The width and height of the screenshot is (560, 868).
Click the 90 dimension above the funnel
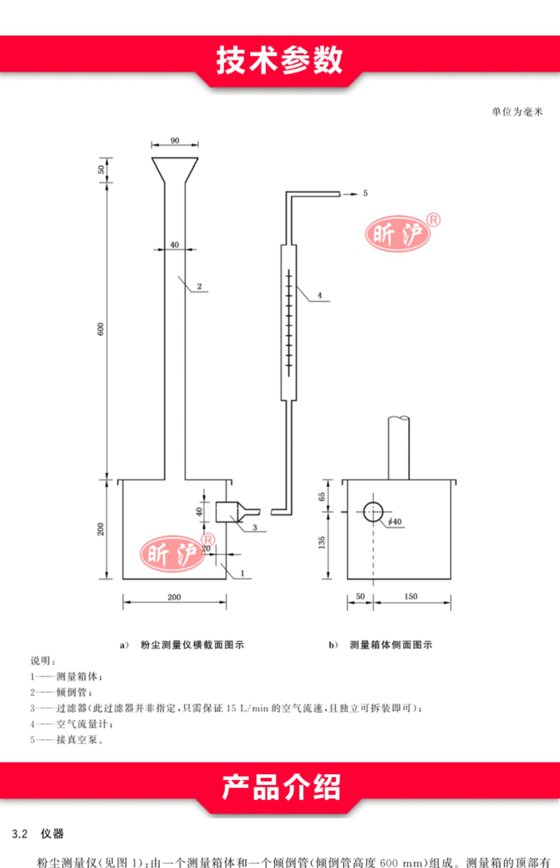coord(175,141)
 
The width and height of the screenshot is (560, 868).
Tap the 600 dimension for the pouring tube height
coord(101,329)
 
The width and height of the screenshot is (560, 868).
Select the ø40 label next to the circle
coord(395,521)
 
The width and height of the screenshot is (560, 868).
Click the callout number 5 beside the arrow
coord(365,193)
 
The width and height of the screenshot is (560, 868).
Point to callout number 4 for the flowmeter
coord(320,295)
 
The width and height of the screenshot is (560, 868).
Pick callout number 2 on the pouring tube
coord(199,286)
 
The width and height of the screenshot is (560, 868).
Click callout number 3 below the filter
coord(255,527)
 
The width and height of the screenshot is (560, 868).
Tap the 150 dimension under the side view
coord(411,596)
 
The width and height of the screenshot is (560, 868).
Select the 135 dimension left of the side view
coord(322,542)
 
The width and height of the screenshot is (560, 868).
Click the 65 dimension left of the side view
coord(322,497)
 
